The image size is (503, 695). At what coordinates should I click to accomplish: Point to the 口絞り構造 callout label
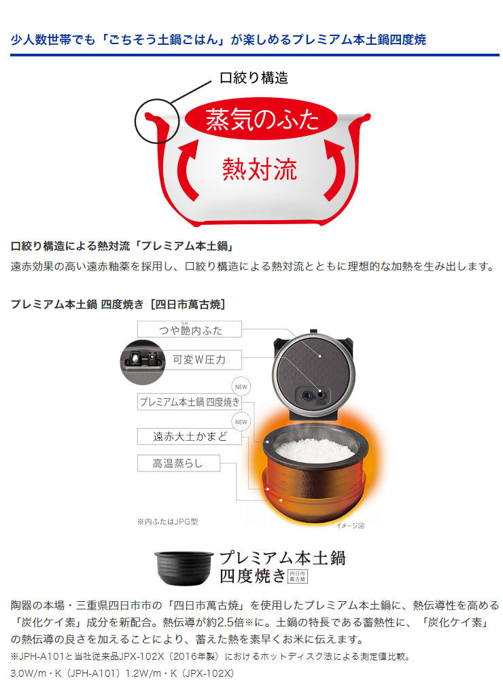[x=254, y=77]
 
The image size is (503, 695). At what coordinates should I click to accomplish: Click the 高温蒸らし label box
[x=178, y=465]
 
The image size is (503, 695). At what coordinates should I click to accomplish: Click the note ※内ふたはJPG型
[x=167, y=522]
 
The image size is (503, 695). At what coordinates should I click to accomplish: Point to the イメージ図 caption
[x=351, y=525]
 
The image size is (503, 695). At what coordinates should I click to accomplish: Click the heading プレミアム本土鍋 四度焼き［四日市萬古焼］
[x=118, y=304]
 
